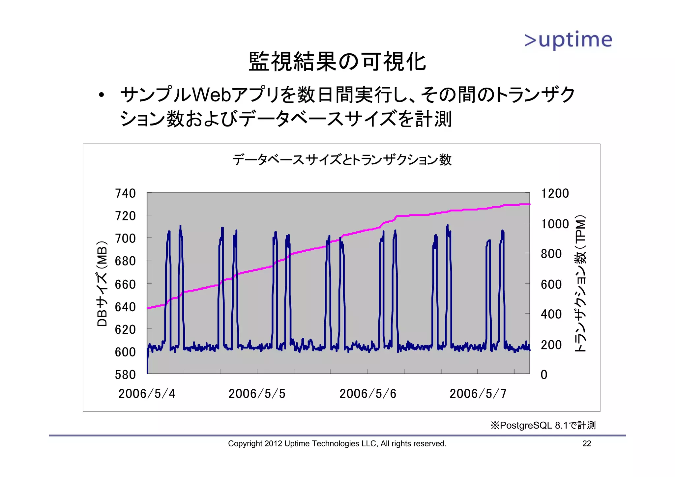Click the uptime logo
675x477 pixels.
coord(568,40)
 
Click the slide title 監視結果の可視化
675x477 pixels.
coord(337,62)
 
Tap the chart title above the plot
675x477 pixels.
coord(342,160)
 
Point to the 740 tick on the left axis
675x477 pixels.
coord(125,193)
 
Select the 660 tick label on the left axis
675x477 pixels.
coord(125,284)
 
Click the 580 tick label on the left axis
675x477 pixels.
coord(125,375)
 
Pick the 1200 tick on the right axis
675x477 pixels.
coord(555,193)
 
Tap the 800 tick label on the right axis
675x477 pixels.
coord(551,254)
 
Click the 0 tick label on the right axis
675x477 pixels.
coord(544,375)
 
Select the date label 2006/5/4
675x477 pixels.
coord(147,394)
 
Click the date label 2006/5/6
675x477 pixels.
coord(368,394)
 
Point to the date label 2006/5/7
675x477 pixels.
coord(478,394)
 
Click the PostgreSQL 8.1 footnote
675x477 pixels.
coord(543,425)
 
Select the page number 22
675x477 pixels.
coord(587,444)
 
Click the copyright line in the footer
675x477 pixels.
coord(337,444)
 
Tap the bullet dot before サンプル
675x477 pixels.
coord(101,95)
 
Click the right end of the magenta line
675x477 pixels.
coord(529,204)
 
